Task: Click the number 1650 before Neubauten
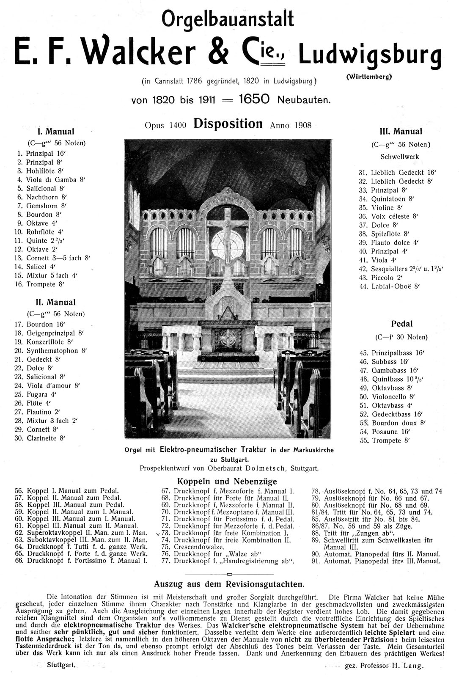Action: click(x=254, y=99)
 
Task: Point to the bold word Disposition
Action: click(x=228, y=124)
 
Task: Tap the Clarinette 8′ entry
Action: click(x=46, y=438)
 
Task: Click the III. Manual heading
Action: click(x=401, y=132)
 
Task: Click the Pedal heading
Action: click(x=401, y=324)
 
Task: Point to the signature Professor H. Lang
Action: click(x=391, y=666)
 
